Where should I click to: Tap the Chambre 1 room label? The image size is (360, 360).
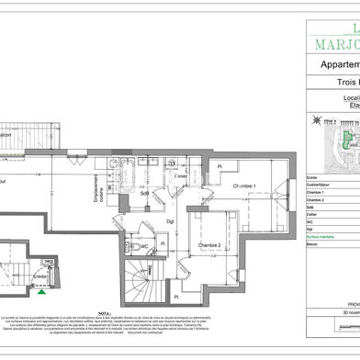[x=245, y=186]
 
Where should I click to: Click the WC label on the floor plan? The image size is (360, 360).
[x=144, y=246]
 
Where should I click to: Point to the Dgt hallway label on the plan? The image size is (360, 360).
[x=171, y=221]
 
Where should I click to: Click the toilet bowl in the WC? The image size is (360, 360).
[x=130, y=246]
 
